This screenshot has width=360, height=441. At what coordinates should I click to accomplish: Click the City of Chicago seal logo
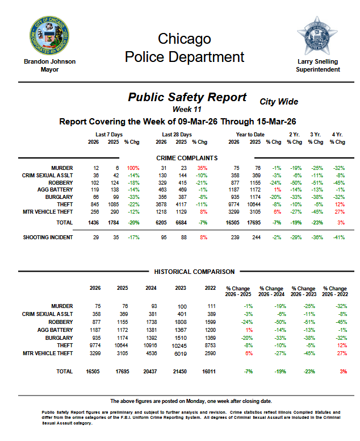pyautogui.click(x=49, y=36)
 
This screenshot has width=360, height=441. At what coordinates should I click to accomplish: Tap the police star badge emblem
pyautogui.click(x=317, y=36)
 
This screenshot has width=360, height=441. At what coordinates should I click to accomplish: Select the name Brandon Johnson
pyautogui.click(x=49, y=61)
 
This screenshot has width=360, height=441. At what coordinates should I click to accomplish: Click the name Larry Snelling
pyautogui.click(x=318, y=61)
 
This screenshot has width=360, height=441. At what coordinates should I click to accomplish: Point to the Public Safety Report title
pyautogui.click(x=187, y=97)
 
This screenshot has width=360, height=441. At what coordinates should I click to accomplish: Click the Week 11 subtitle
pyautogui.click(x=187, y=109)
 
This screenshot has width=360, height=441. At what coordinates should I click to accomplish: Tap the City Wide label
pyautogui.click(x=279, y=102)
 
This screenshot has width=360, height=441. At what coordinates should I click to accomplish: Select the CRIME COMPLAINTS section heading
pyautogui.click(x=187, y=157)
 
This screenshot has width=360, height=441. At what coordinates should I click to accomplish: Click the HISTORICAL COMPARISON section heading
pyautogui.click(x=187, y=272)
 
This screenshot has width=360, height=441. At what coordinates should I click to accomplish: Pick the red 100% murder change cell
pyautogui.click(x=133, y=168)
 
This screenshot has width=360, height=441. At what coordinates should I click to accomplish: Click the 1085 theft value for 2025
pyautogui.click(x=113, y=204)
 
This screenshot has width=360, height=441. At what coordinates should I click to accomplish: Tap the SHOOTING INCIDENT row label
pyautogui.click(x=48, y=236)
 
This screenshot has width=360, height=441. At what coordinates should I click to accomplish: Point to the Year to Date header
pyautogui.click(x=250, y=135)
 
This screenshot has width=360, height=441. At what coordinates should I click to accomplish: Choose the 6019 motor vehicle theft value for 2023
pyautogui.click(x=181, y=353)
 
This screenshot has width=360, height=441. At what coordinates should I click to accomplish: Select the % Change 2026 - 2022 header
pyautogui.click(x=335, y=291)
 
